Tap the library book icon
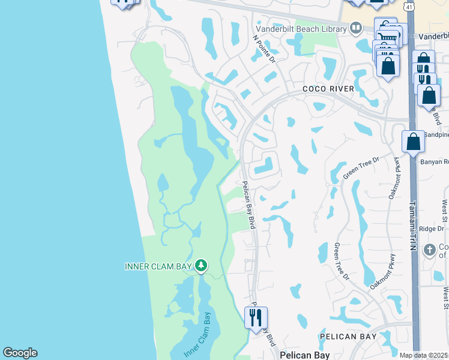point(356,28)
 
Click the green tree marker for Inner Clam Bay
point(202,265)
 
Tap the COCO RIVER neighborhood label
point(328,89)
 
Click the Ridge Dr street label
point(431,229)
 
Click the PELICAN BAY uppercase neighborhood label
point(348,337)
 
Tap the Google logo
point(20,353)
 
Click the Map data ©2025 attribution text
point(423,355)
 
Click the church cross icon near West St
point(429,249)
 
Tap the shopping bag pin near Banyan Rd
point(413,142)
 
